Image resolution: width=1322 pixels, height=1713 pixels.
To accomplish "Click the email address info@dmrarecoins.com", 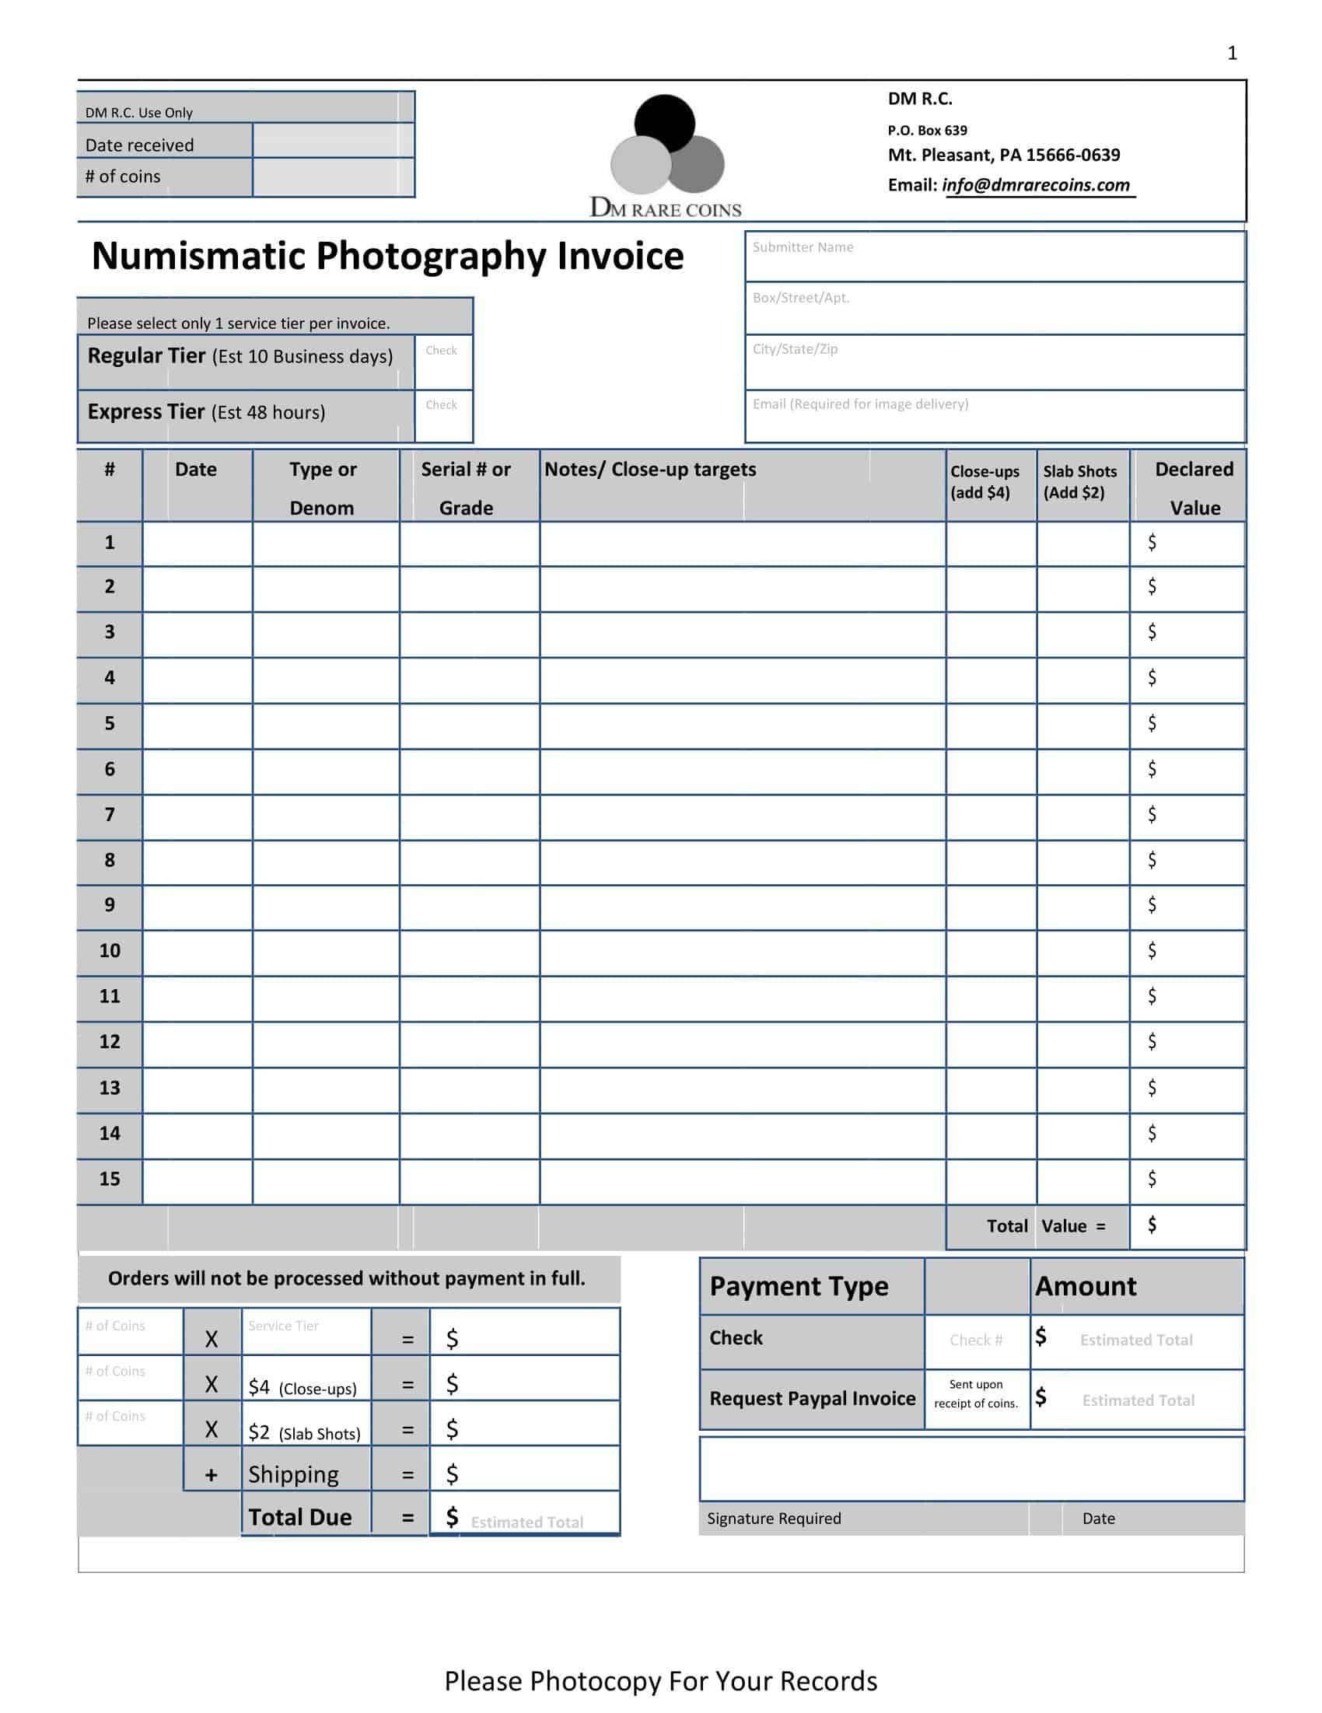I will click(1036, 185).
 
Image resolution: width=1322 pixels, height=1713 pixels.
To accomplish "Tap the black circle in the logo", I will click(664, 124).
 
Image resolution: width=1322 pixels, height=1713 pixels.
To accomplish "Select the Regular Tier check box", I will click(443, 362).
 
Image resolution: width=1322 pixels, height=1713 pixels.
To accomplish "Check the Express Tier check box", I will click(443, 417).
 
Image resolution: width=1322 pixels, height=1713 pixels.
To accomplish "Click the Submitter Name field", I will click(994, 257).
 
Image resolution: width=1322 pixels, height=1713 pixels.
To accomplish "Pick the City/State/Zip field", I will click(994, 362).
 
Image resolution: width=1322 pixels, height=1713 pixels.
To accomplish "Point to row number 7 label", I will click(110, 815).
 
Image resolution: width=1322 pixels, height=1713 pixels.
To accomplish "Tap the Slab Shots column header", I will click(1079, 481).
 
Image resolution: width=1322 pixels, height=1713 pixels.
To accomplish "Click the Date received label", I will click(140, 145).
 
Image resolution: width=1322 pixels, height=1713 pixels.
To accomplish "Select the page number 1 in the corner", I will click(1232, 54).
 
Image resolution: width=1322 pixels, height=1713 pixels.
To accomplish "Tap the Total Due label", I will click(299, 1517).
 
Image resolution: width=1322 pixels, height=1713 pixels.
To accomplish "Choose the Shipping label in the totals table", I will click(293, 1474).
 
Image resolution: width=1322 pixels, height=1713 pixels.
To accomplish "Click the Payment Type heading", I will click(799, 1286).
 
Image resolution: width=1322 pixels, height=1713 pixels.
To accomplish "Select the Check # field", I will click(976, 1340).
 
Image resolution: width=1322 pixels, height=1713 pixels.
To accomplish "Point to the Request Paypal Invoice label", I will click(812, 1399).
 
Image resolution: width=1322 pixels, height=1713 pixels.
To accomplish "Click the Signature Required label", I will click(774, 1519).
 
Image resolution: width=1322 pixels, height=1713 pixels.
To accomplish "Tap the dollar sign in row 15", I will click(1152, 1179).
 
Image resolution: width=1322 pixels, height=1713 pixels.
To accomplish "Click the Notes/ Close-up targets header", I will click(649, 470).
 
